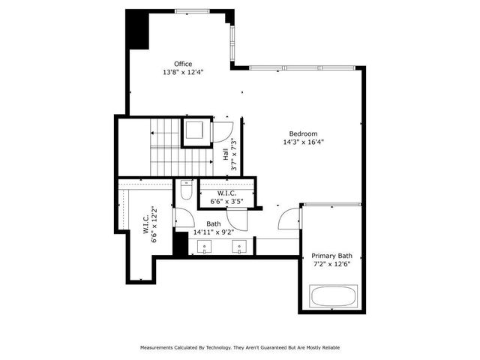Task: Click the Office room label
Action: tap(183, 64)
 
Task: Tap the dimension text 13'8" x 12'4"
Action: tap(183, 73)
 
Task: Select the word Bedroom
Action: tap(303, 133)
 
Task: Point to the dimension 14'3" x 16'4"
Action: tap(303, 142)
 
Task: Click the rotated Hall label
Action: tap(226, 155)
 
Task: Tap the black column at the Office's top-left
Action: tap(136, 30)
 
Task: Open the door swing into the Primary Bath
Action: tap(288, 219)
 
